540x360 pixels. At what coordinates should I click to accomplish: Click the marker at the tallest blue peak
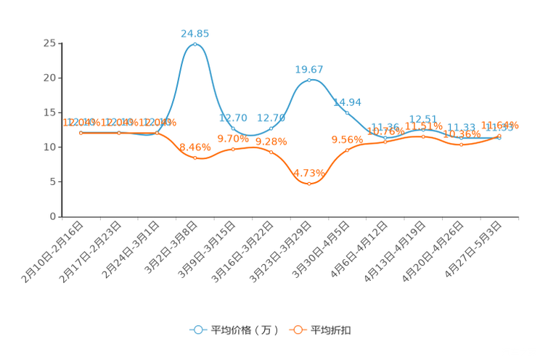click(195, 44)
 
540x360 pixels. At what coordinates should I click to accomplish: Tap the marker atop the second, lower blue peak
click(309, 79)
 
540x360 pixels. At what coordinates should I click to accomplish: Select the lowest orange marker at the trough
click(309, 184)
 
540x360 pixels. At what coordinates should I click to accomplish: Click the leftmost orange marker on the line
click(81, 132)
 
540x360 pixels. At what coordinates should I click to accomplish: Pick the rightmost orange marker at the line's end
click(499, 136)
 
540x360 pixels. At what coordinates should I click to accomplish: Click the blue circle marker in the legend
click(197, 330)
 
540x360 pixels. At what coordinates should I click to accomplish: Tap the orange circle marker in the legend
click(298, 330)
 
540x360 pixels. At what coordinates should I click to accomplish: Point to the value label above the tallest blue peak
click(195, 33)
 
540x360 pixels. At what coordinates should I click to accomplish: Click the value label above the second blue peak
click(309, 69)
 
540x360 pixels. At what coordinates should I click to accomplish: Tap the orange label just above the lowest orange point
click(309, 173)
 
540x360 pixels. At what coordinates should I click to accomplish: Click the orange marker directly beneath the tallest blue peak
click(195, 157)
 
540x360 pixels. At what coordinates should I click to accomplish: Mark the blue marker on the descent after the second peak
click(347, 112)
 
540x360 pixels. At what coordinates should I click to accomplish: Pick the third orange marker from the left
click(157, 133)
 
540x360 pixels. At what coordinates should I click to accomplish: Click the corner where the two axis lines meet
click(61, 216)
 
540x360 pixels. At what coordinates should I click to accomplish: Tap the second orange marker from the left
click(119, 133)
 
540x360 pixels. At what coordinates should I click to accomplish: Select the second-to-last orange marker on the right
click(461, 144)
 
